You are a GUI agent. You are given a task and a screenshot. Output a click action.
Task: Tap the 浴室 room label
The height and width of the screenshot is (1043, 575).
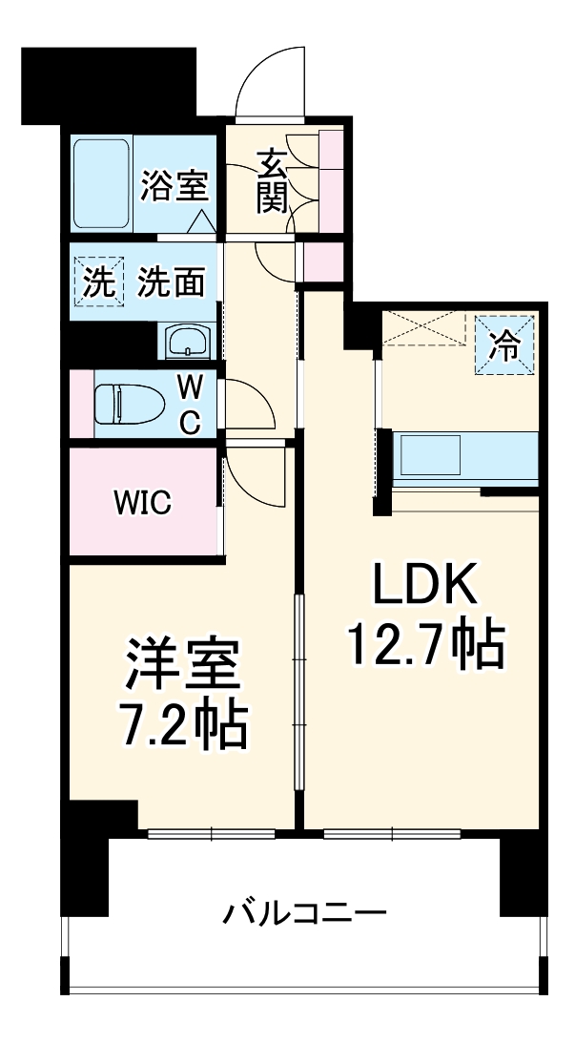tap(175, 185)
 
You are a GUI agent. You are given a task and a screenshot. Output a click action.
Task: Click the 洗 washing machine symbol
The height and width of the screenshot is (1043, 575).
tap(95, 282)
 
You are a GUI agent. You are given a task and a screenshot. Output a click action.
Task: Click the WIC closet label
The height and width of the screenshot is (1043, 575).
tap(143, 503)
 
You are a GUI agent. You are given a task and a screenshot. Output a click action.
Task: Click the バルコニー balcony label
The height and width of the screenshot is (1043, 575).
tap(305, 914)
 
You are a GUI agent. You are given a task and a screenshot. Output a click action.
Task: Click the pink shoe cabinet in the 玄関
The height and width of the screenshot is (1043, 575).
tap(331, 180)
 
